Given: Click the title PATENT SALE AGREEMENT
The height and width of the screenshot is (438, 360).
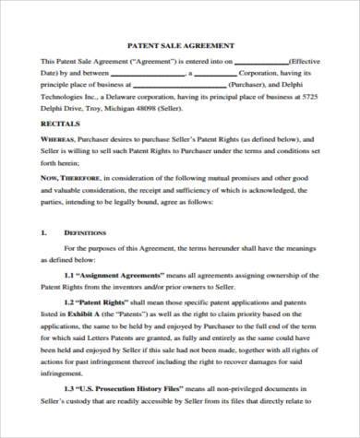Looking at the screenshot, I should [180, 44].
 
